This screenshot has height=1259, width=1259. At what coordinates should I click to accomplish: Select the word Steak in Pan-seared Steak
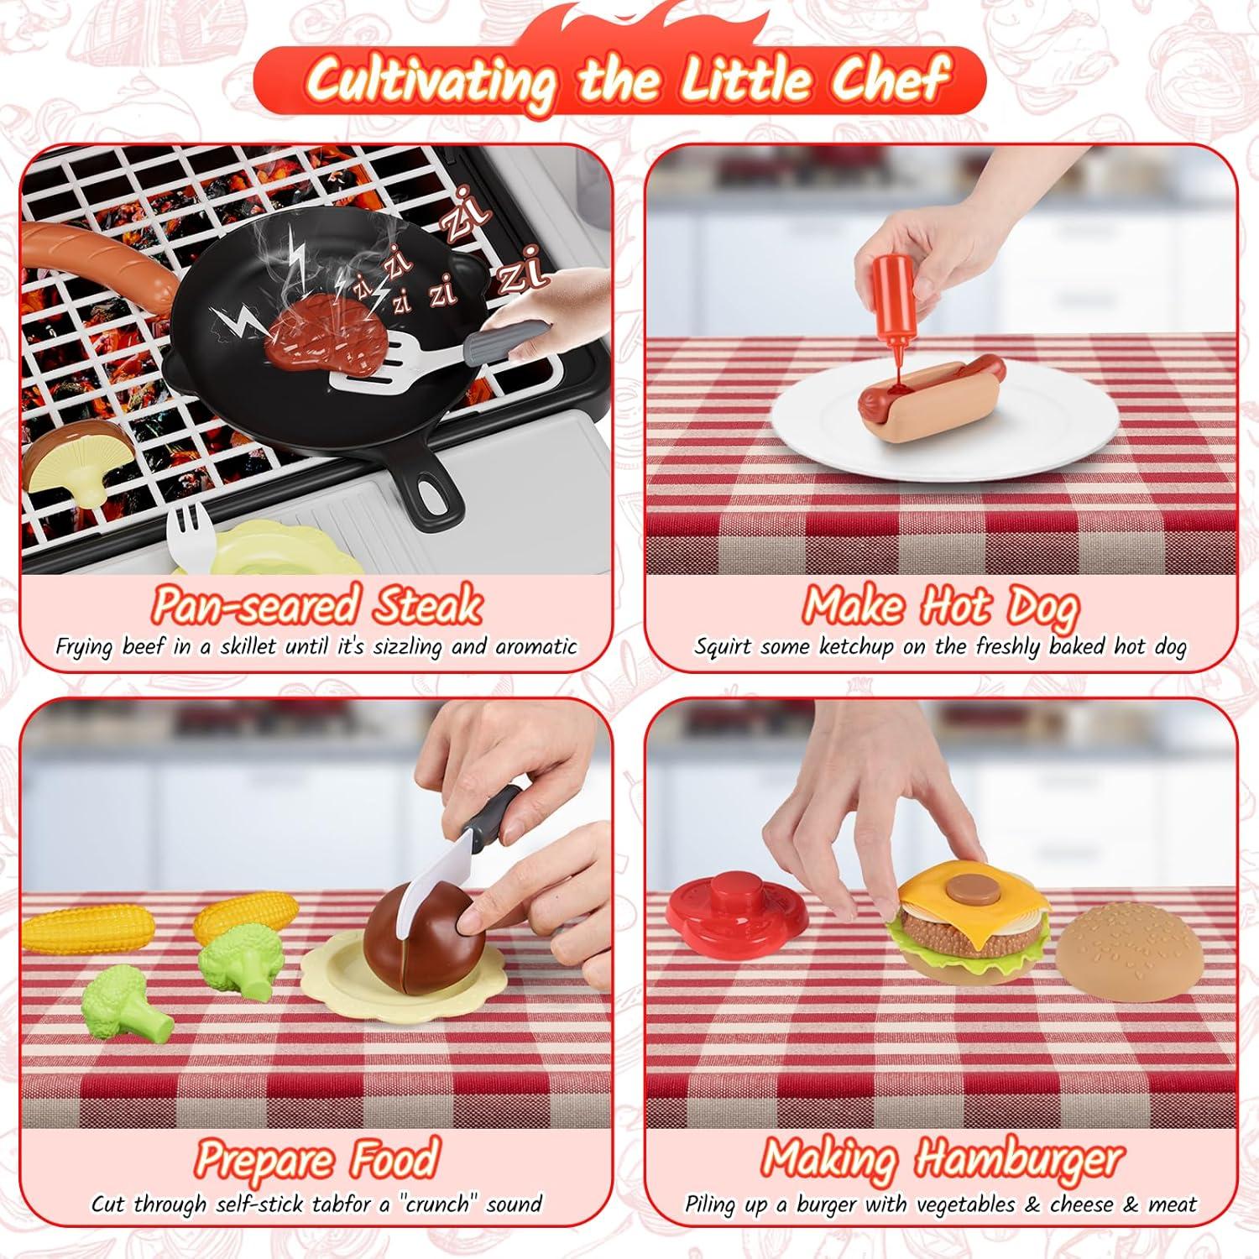[x=428, y=605]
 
